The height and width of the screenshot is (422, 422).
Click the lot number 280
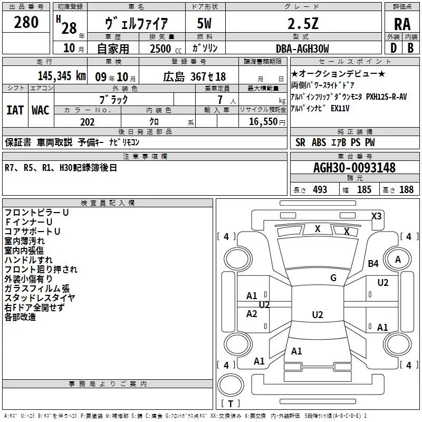click(x=26, y=22)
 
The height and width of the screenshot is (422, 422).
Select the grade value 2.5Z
click(x=302, y=24)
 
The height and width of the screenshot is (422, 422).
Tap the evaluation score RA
click(x=402, y=24)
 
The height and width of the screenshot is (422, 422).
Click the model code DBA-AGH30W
click(x=302, y=49)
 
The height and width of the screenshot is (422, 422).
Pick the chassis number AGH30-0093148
click(x=354, y=168)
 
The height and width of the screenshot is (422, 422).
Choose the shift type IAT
click(x=15, y=110)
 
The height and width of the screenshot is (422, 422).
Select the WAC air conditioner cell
click(x=41, y=110)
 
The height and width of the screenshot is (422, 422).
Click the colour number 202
click(x=88, y=122)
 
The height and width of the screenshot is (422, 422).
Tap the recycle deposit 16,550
click(x=262, y=122)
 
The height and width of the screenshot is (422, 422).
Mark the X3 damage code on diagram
click(x=377, y=216)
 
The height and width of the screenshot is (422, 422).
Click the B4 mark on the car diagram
click(x=373, y=263)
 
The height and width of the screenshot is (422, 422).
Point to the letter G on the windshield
click(x=333, y=278)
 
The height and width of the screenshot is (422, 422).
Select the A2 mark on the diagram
click(x=252, y=314)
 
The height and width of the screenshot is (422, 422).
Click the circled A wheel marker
click(x=398, y=259)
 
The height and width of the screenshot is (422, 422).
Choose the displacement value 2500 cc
click(x=161, y=49)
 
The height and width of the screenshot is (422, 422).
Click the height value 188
click(x=406, y=189)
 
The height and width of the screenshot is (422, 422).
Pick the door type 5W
click(x=205, y=24)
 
